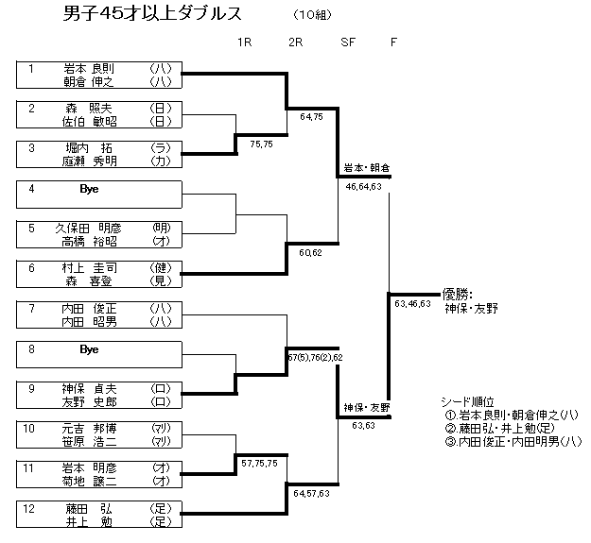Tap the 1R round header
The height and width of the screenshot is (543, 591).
tap(245, 42)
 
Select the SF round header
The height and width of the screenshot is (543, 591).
tap(348, 42)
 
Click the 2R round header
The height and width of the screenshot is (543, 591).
tap(295, 42)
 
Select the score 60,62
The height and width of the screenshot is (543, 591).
tap(311, 254)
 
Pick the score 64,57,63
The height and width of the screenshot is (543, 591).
tap(312, 493)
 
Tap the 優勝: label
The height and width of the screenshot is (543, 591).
tap(457, 294)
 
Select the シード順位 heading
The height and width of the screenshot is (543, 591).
tap(469, 399)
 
